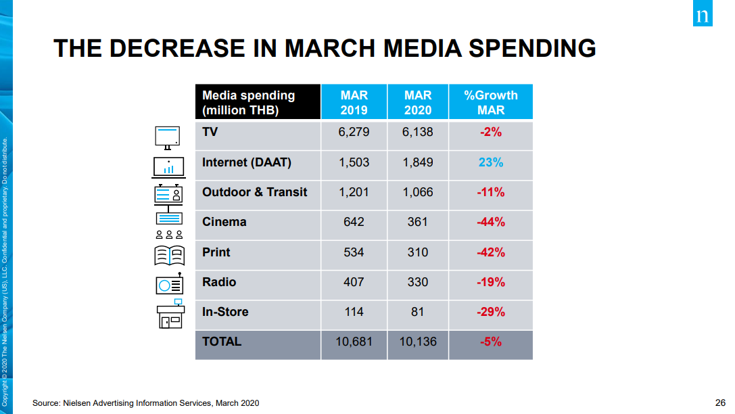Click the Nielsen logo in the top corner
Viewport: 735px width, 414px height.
coord(702,13)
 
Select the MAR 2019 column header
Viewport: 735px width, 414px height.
coord(354,102)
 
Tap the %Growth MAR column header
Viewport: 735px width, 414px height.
coord(491,102)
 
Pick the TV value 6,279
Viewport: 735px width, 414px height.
coord(354,132)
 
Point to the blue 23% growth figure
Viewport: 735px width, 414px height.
coord(491,162)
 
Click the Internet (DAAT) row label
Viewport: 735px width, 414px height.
coord(247,163)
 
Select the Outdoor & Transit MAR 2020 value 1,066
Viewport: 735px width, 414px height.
coord(418,192)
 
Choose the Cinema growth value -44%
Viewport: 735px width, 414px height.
coord(491,222)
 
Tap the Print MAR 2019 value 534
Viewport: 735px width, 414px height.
coord(354,252)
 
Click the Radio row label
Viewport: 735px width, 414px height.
coord(219,282)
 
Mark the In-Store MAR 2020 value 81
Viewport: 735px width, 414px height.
coord(418,312)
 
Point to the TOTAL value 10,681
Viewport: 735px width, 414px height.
coord(354,342)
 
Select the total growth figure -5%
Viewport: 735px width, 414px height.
coord(491,342)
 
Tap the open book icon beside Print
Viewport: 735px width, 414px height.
coord(169,256)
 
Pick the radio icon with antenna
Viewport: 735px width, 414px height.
coord(169,283)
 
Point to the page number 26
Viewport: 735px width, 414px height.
coord(720,402)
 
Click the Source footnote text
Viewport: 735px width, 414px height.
coord(146,403)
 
